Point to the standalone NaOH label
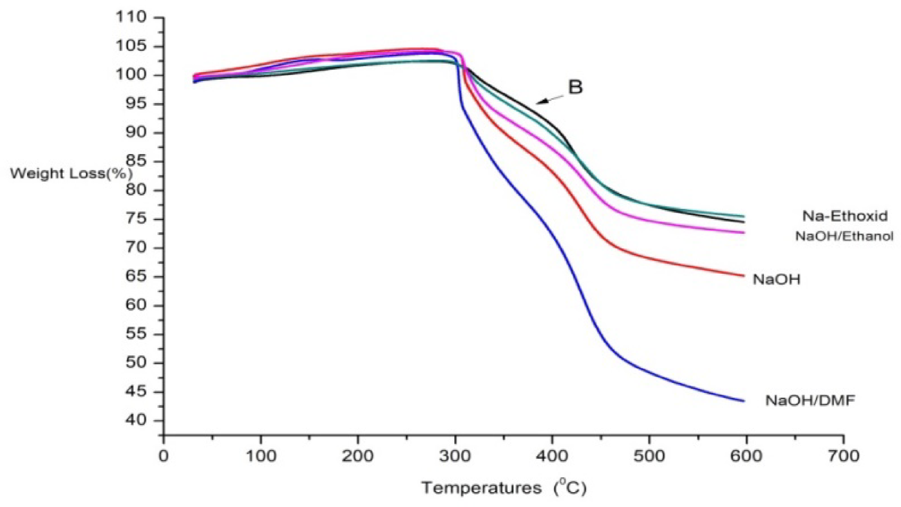pos(776,280)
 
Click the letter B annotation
pos(575,88)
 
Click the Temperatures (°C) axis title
pos(504,488)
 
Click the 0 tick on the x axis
pos(164,456)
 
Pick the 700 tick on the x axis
pos(843,456)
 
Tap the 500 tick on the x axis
pos(649,456)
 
